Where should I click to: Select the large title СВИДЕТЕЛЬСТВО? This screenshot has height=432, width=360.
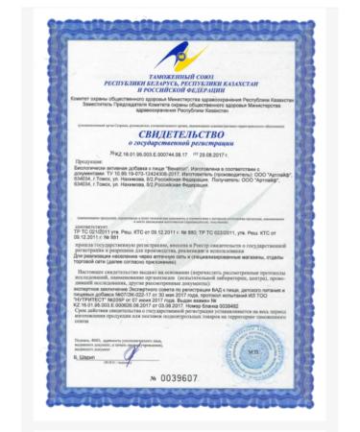point(179,136)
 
